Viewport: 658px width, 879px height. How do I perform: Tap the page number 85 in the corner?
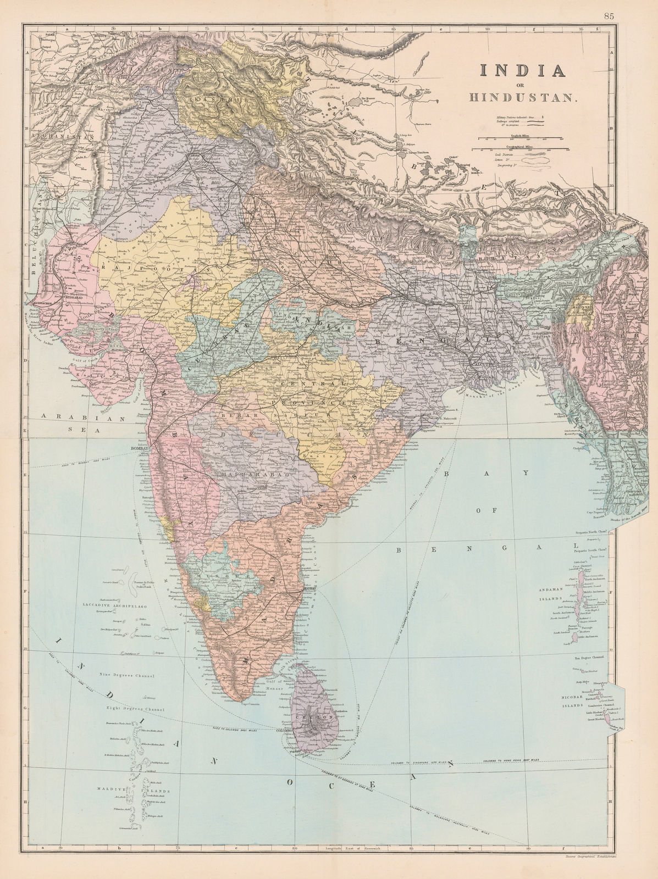[x=609, y=16]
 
